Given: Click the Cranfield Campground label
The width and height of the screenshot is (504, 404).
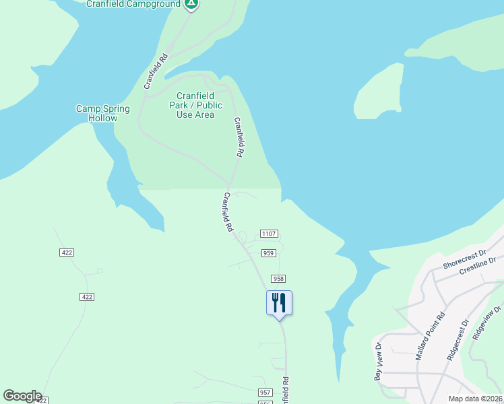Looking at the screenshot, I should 133,4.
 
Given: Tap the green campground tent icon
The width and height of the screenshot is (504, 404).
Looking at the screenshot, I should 191,3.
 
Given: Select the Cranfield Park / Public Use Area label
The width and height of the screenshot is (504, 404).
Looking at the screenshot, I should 195,105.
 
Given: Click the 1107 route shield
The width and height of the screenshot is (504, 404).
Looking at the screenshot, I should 269,234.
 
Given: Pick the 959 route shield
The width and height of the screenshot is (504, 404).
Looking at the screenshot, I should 268,253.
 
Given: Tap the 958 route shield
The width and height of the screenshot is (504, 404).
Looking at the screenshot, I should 278,279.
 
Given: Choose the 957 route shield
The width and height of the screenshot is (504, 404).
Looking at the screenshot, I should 265,393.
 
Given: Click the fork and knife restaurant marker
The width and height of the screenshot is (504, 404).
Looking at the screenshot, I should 280,303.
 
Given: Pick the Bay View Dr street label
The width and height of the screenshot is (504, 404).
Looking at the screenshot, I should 378,362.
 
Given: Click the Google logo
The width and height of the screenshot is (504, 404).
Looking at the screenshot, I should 22,396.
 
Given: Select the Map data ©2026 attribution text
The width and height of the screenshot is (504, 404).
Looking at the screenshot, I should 475,399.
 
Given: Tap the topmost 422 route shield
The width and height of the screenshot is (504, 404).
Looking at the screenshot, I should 66,252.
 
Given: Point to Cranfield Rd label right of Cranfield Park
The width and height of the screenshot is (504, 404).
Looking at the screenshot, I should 238,137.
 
